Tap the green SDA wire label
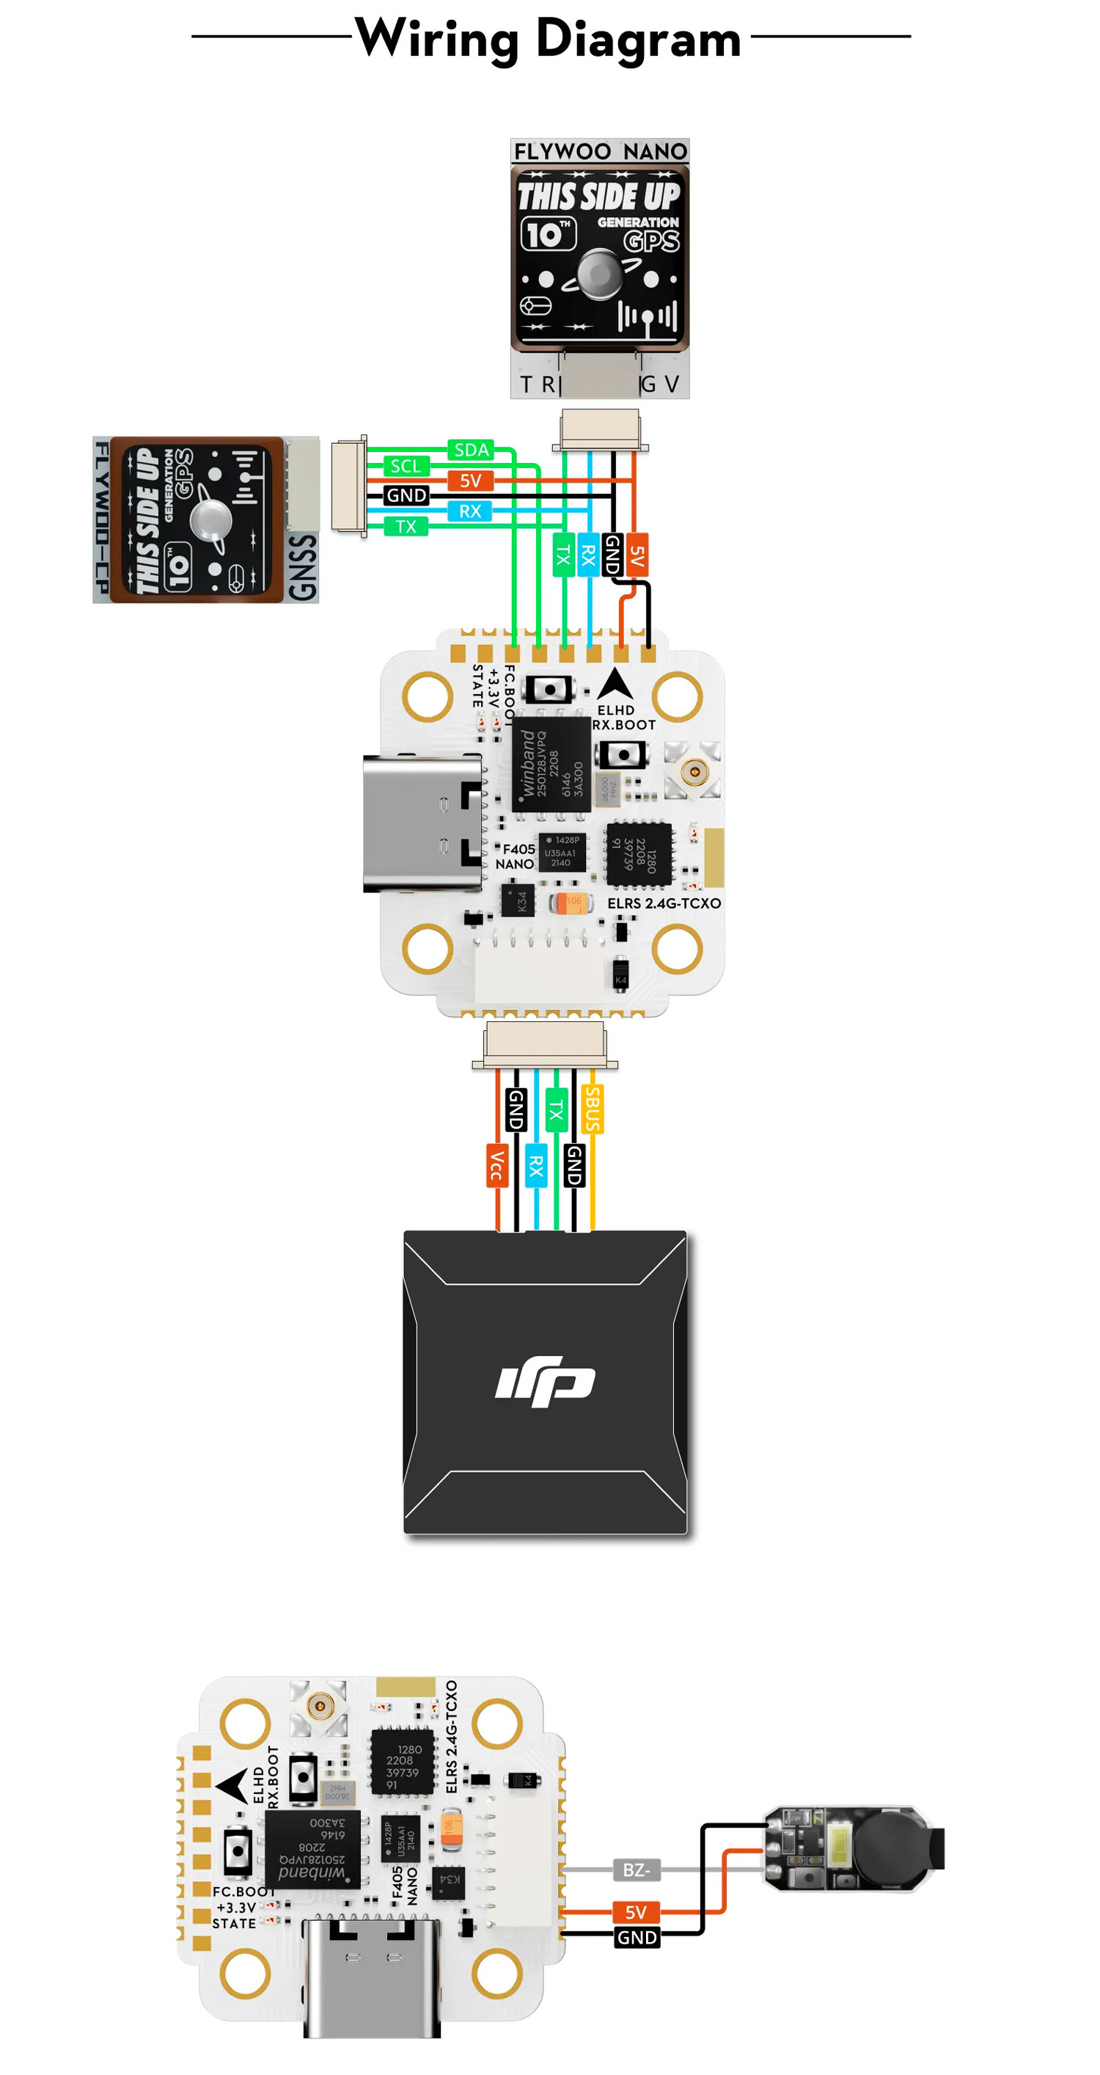[x=471, y=450]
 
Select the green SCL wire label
[x=406, y=466]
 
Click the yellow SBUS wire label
[x=592, y=1109]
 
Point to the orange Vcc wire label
[x=497, y=1164]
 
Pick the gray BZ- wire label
[x=636, y=1870]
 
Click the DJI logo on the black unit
[x=545, y=1381]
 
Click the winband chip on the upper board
[x=551, y=764]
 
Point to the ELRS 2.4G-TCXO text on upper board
[x=664, y=903]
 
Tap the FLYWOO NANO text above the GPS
[x=600, y=151]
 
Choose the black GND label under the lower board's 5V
[x=637, y=1937]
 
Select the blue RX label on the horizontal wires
[x=469, y=511]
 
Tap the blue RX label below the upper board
[x=535, y=1164]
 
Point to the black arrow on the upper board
[x=616, y=685]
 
